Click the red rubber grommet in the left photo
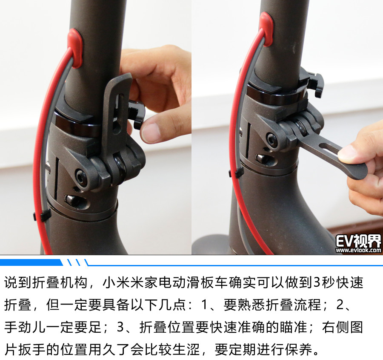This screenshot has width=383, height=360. tap(75, 48)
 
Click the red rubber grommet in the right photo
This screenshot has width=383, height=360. tap(266, 29)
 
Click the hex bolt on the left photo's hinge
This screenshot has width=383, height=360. tap(80, 176)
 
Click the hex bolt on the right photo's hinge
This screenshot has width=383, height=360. tap(272, 139)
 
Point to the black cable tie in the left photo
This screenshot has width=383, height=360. tap(42, 216)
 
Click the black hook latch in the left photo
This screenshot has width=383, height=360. tap(136, 113)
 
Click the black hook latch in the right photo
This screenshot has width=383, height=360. tap(315, 82)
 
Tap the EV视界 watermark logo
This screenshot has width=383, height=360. tap(358, 241)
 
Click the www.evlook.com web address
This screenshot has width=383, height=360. tap(358, 250)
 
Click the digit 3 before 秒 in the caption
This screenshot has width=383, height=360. tap(317, 283)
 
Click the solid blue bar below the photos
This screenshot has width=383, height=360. tap(31, 262)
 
